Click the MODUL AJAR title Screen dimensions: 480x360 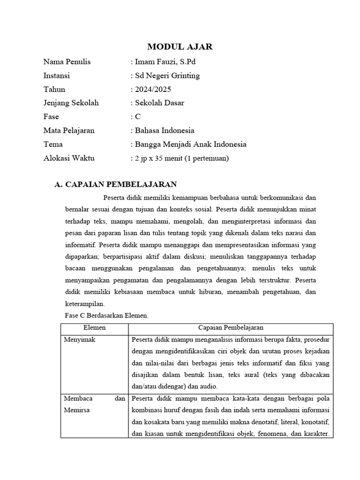[x=180, y=46]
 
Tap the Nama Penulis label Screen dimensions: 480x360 [x=67, y=62]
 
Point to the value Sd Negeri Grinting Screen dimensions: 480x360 [x=167, y=75]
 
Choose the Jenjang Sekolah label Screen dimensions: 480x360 [x=71, y=103]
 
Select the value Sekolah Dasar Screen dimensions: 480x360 [x=159, y=103]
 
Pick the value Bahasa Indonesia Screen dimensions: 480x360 [x=165, y=130]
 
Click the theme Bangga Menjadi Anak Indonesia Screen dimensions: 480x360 [x=190, y=144]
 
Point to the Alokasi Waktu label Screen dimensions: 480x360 [x=69, y=158]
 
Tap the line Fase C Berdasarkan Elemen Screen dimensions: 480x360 [x=106, y=315]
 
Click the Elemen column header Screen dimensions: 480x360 [x=94, y=328]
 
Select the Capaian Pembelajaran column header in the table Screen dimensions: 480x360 [x=230, y=328]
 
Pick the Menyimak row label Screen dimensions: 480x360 [x=79, y=339]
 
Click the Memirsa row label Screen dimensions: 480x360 [x=77, y=410]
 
